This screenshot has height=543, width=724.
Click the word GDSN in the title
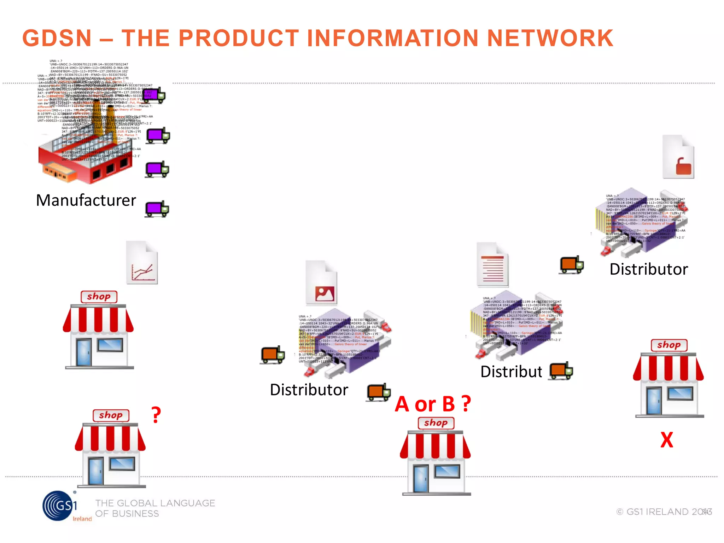(57, 38)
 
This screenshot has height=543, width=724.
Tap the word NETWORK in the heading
(550, 38)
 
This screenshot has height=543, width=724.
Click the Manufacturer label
(86, 200)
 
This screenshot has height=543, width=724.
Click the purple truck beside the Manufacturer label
(157, 209)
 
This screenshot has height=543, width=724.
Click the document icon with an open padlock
(678, 157)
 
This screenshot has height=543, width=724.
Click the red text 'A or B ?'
(433, 404)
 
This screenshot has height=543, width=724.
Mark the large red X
(667, 440)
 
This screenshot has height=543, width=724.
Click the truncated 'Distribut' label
(511, 372)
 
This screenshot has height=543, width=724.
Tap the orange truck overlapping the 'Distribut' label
(561, 370)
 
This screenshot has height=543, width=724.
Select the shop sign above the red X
(669, 345)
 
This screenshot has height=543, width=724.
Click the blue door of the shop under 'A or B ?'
(421, 479)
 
